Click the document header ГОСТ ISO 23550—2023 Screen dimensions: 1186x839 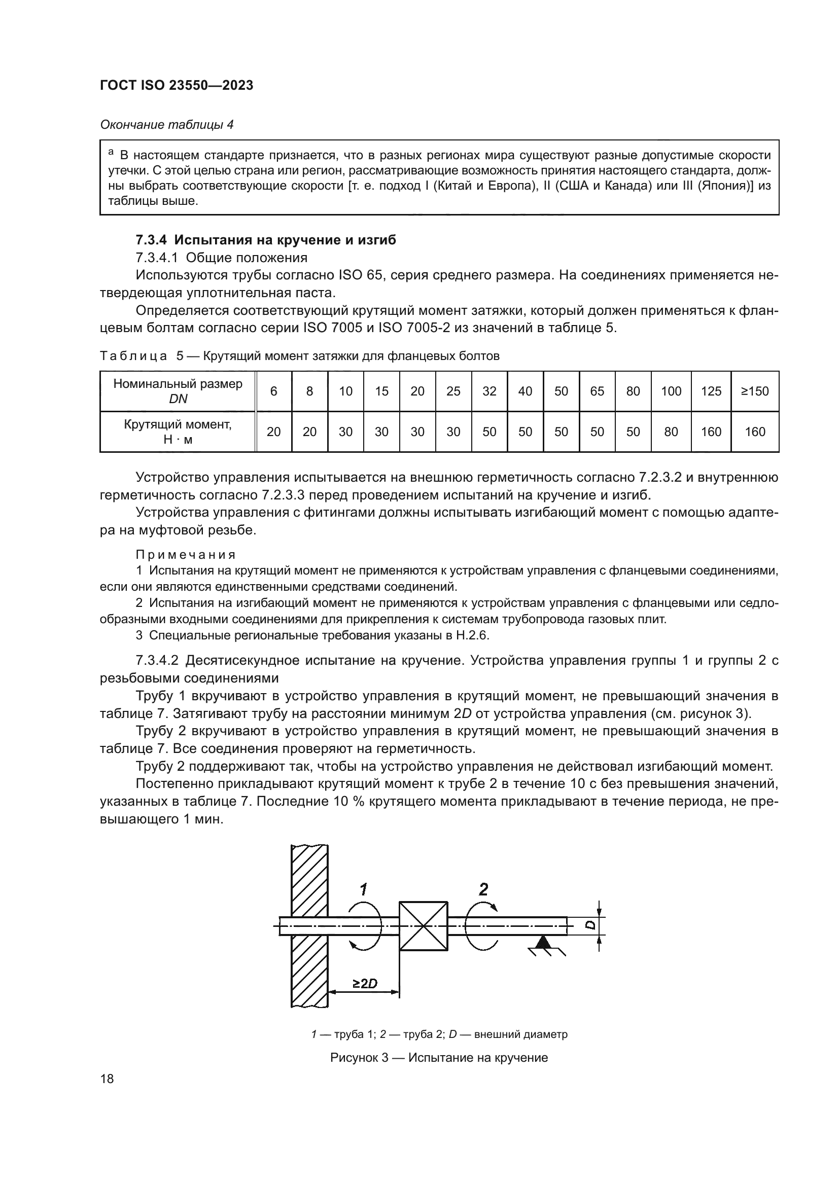pyautogui.click(x=176, y=85)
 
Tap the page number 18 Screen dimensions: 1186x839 pyautogui.click(x=107, y=1079)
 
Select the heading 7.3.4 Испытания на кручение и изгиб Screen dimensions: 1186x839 pyautogui.click(x=265, y=240)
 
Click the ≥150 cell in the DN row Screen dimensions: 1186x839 pyautogui.click(x=755, y=391)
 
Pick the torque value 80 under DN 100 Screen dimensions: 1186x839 pyautogui.click(x=671, y=432)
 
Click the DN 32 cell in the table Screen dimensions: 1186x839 pyautogui.click(x=488, y=391)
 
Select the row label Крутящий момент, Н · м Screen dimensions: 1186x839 pyautogui.click(x=177, y=432)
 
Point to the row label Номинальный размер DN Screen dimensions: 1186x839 pyautogui.click(x=177, y=391)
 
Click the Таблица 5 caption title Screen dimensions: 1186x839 pyautogui.click(x=300, y=356)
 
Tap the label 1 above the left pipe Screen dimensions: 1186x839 pyautogui.click(x=363, y=889)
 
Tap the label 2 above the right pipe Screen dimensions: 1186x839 pyautogui.click(x=483, y=889)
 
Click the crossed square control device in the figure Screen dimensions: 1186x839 pyautogui.click(x=423, y=926)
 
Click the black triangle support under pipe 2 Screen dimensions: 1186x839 pyautogui.click(x=542, y=942)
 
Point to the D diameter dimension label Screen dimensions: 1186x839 pyautogui.click(x=591, y=925)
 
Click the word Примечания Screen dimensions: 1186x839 pyautogui.click(x=186, y=555)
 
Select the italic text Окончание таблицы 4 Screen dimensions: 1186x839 pyautogui.click(x=166, y=125)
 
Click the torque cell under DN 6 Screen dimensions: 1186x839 pyautogui.click(x=273, y=432)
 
